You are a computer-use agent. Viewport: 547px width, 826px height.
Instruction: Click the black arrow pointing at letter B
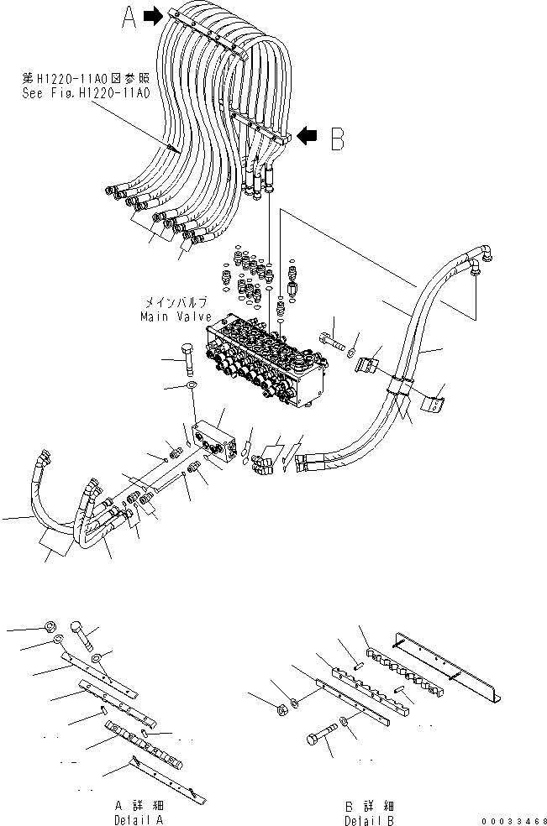(x=308, y=134)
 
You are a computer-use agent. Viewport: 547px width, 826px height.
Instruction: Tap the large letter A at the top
(x=131, y=17)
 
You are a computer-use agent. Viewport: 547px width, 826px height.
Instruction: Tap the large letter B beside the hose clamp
(x=336, y=139)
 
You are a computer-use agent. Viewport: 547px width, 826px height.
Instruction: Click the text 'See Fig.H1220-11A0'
(x=85, y=94)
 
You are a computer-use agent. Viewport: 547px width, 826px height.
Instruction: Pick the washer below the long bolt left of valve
(x=192, y=386)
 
